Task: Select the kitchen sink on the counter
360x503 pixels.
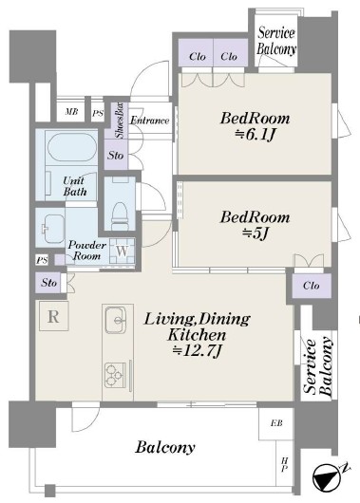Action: [x=116, y=320]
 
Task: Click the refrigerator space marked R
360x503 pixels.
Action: [x=53, y=316]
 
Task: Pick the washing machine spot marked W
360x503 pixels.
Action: [x=122, y=251]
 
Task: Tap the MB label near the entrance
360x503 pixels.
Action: [x=71, y=112]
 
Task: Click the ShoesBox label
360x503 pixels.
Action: [x=120, y=121]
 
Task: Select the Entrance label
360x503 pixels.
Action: [x=150, y=121]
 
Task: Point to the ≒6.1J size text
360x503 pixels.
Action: [x=255, y=135]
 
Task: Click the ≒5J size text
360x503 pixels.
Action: [x=255, y=233]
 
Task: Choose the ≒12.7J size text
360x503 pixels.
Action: [x=197, y=351]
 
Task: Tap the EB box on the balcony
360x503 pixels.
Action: [x=276, y=423]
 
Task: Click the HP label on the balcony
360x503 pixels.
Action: [x=284, y=464]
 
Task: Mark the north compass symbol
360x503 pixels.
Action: [x=328, y=478]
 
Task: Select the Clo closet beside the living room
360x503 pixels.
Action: [x=312, y=286]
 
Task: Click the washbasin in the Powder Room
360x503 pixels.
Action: [x=52, y=228]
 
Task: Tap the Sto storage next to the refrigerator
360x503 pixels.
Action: [x=48, y=283]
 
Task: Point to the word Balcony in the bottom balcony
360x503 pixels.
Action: [x=165, y=448]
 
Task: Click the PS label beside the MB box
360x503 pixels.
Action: [x=98, y=113]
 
